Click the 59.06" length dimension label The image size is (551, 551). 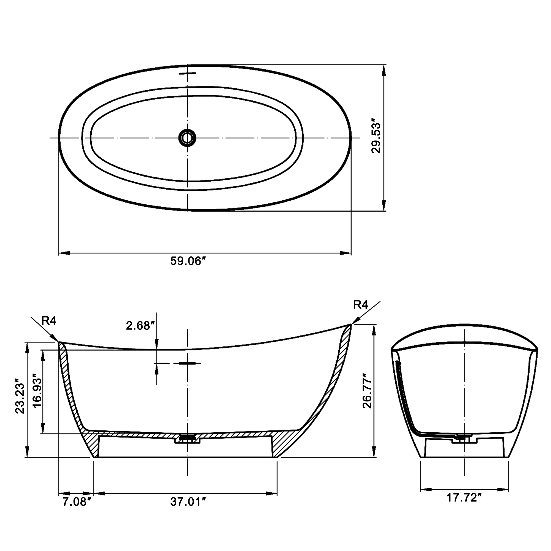tap(188, 261)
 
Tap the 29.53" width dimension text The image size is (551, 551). tap(376, 138)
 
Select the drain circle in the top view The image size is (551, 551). tap(187, 138)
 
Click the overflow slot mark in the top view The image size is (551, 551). tap(187, 73)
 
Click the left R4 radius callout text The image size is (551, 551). tap(49, 321)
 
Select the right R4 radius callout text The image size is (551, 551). tap(360, 305)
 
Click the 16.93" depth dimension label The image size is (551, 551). tap(37, 392)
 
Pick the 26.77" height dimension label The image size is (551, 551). tap(367, 391)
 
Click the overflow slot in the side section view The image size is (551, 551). tap(187, 363)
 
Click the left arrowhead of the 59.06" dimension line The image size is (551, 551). tap(64, 253)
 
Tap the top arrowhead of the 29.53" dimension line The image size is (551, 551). tap(384, 70)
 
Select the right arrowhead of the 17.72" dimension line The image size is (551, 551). tap(503, 490)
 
